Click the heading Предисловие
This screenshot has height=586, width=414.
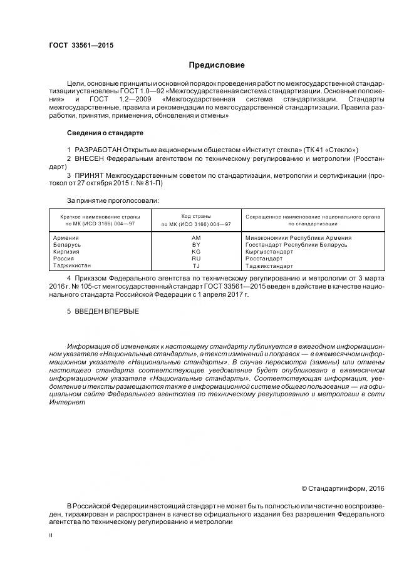point(217,65)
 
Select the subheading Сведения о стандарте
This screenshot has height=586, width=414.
point(105,133)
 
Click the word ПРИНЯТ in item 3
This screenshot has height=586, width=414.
point(89,177)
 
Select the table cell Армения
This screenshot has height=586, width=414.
point(66,239)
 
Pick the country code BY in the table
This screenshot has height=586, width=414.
point(196,245)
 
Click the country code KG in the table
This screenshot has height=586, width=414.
point(196,252)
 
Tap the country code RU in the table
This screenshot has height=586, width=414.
point(196,259)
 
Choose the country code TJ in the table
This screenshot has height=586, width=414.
point(196,265)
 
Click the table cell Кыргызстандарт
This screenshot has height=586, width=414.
point(269,252)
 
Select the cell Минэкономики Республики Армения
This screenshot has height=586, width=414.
point(298,239)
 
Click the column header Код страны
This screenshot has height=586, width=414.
point(196,216)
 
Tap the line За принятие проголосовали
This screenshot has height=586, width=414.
point(113,200)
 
